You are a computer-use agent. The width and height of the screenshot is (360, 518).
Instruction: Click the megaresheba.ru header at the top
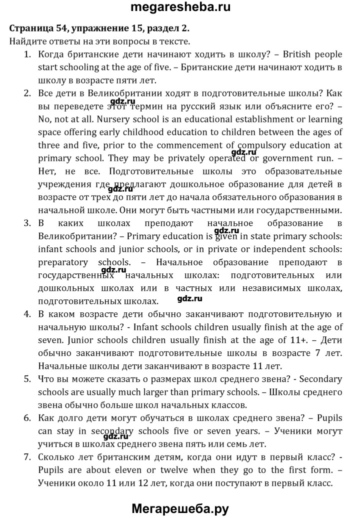pos(179,8)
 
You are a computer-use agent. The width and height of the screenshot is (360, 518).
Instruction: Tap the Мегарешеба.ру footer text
pos(179,508)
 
